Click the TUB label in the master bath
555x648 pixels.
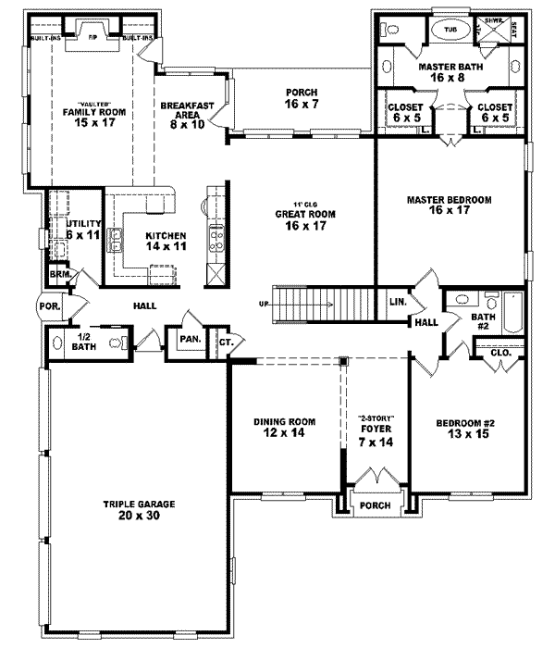tap(450, 31)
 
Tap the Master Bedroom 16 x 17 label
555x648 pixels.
tap(449, 205)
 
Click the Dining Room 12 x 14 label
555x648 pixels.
tap(285, 428)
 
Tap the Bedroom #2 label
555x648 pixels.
tap(466, 428)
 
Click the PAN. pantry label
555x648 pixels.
tap(191, 339)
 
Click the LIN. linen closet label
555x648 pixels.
tap(398, 302)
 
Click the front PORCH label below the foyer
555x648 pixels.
tap(375, 505)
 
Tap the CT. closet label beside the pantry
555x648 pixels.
tap(225, 343)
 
